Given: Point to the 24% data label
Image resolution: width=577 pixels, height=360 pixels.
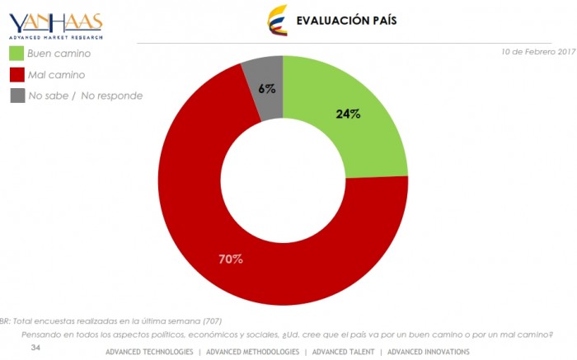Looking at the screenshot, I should (348, 114).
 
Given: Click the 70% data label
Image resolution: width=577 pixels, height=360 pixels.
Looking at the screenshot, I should (230, 259).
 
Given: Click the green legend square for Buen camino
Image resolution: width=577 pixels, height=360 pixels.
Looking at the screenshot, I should (16, 54).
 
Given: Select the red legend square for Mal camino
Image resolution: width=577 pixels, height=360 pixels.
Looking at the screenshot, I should (16, 74).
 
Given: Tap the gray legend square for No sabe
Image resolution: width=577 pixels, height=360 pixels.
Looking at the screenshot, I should (16, 96).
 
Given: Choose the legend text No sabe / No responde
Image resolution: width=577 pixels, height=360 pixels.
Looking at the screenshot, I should (86, 96).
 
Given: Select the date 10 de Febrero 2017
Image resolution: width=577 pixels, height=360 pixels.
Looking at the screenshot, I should (538, 51).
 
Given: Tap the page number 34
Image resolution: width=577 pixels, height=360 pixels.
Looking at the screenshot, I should (35, 348).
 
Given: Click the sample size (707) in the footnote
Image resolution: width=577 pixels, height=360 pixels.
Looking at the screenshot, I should (210, 320).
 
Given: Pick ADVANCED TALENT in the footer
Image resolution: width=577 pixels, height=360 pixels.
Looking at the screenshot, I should (343, 352).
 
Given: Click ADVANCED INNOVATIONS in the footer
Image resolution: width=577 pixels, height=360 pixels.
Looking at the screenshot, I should (429, 352).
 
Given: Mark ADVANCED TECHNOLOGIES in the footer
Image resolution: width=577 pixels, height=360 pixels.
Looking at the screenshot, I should (149, 352).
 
